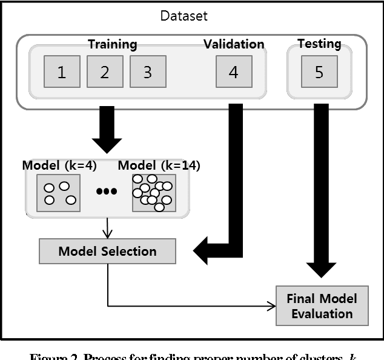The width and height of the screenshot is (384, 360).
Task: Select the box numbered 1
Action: (62, 73)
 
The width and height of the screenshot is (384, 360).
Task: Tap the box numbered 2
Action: (105, 73)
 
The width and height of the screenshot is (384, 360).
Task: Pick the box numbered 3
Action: (148, 73)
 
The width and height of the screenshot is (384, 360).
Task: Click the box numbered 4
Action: (234, 73)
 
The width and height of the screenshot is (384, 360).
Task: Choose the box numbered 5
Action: (319, 73)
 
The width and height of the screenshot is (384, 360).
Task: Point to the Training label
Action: (112, 44)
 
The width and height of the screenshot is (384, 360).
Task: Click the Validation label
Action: (234, 44)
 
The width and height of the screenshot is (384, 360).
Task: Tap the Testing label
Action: (319, 44)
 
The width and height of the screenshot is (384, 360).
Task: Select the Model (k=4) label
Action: (59, 165)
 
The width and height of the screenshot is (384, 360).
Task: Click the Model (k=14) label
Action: (159, 165)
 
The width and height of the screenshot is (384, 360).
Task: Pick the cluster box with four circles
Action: (59, 193)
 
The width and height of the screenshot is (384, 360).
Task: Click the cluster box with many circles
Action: (154, 193)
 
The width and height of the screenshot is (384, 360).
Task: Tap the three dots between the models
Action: (107, 192)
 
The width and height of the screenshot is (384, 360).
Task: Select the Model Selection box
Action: (107, 251)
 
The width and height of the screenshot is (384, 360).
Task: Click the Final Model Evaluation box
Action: (322, 305)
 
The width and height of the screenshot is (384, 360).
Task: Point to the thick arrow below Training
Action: (107, 130)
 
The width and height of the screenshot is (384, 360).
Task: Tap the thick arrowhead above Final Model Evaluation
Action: (321, 270)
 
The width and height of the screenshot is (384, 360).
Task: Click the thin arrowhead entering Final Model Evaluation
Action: (271, 305)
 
